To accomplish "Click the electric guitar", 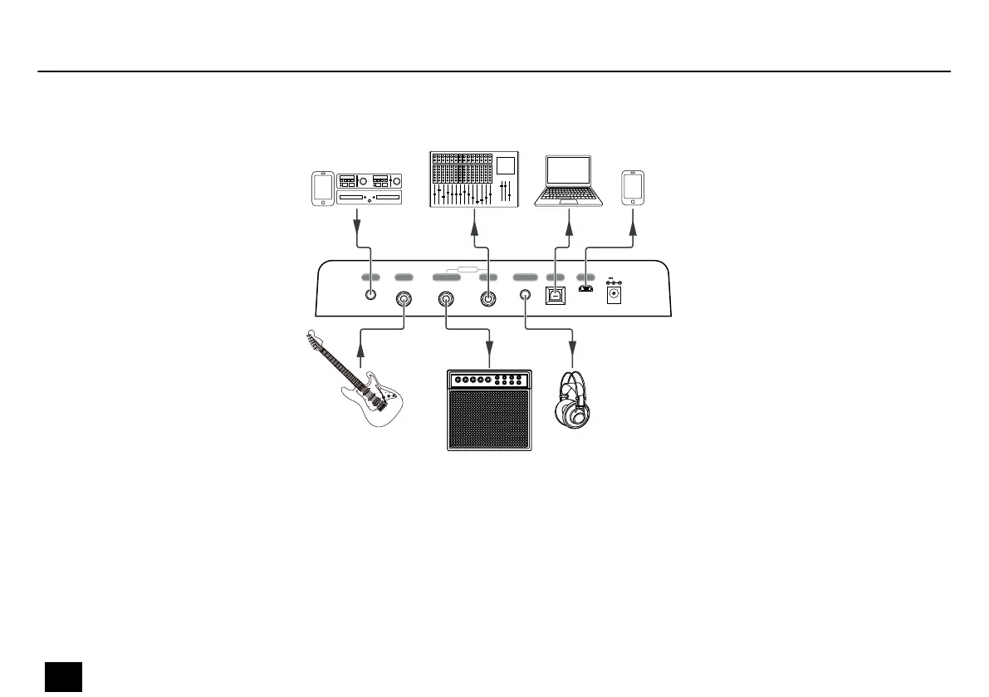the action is coord(357,382).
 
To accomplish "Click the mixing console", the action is coord(472,179).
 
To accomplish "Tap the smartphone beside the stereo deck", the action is coord(322,189).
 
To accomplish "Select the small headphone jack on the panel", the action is coord(525,296).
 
